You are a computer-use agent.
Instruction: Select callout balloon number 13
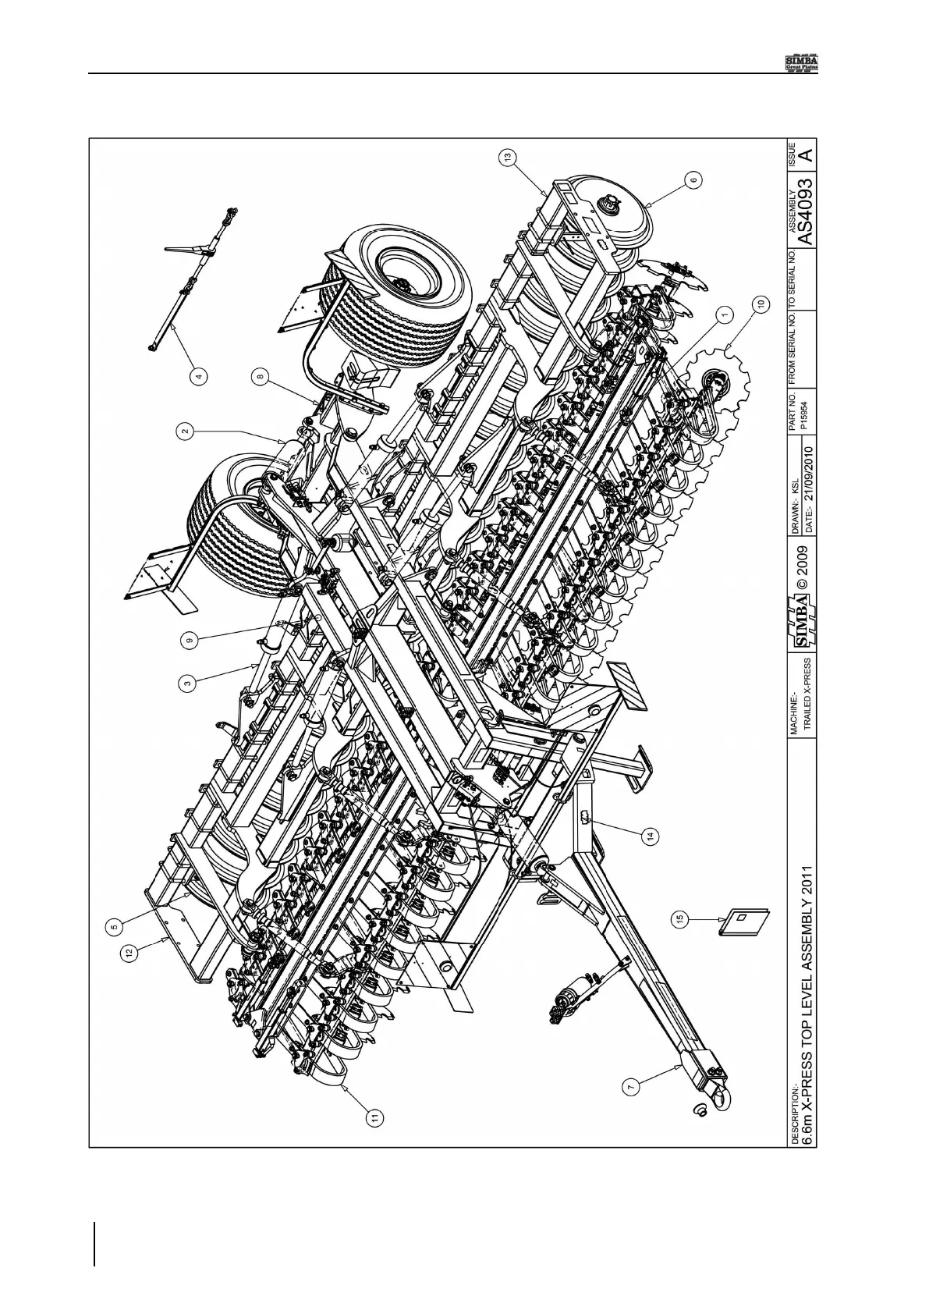pos(508,158)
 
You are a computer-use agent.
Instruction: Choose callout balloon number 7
pos(633,1085)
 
